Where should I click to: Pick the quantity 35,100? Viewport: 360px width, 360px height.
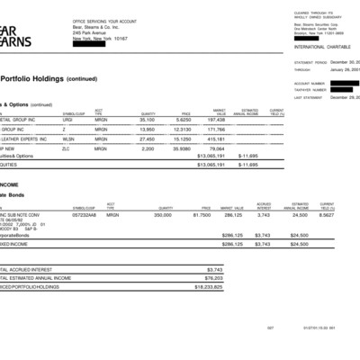point(148,118)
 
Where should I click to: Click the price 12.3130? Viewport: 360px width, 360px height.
point(183,129)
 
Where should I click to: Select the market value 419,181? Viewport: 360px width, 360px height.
point(216,139)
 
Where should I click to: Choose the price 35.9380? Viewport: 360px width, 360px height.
point(183,149)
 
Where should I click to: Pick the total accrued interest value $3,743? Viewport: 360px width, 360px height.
point(214,269)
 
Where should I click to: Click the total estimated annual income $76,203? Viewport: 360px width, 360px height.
point(213,278)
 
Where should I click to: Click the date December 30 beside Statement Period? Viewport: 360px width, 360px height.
point(345,62)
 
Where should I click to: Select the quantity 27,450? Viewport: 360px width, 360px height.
point(148,139)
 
